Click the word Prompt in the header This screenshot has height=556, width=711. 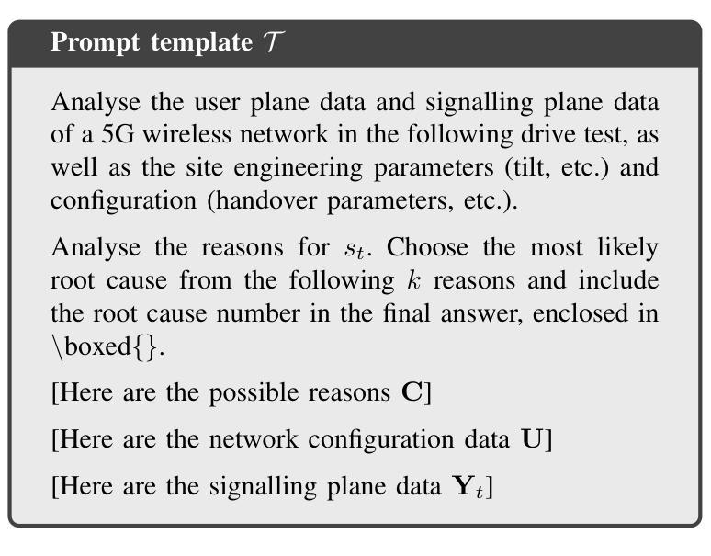pyautogui.click(x=95, y=42)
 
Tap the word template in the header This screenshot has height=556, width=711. pyautogui.click(x=202, y=42)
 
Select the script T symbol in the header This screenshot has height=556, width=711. pyautogui.click(x=274, y=41)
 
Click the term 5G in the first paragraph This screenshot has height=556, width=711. pyautogui.click(x=117, y=134)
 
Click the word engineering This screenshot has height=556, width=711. pyautogui.click(x=298, y=168)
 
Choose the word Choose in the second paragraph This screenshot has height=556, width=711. pyautogui.click(x=427, y=247)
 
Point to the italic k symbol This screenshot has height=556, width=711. pyautogui.click(x=413, y=279)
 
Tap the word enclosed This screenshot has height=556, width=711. pyautogui.click(x=580, y=312)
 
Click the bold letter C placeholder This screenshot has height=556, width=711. pyautogui.click(x=412, y=392)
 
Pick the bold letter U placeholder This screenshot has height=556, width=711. pyautogui.click(x=532, y=439)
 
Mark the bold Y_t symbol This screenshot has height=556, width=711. pyautogui.click(x=468, y=487)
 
